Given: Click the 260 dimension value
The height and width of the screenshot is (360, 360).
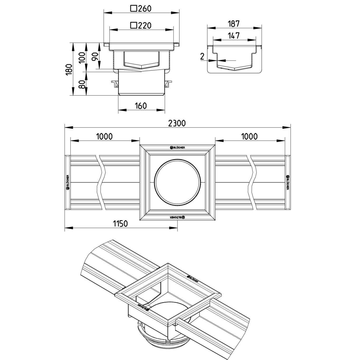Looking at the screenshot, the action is point(144,9).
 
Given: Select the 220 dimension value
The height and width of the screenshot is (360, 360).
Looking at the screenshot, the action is point(144,25).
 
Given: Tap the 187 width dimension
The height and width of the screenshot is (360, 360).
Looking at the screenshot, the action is point(233,24).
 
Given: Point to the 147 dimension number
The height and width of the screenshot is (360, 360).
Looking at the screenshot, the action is point(233,36).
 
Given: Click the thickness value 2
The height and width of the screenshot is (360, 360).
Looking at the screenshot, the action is point(202,56).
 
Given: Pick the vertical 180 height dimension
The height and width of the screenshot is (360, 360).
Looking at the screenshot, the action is point(69,69).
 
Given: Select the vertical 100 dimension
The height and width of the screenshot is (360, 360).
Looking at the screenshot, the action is point(82,58).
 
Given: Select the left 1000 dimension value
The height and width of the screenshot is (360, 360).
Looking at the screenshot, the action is point(104,136).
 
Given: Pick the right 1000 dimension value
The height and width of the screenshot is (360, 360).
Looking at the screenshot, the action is point(250,136).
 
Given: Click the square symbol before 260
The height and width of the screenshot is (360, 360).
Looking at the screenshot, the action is point(134,9).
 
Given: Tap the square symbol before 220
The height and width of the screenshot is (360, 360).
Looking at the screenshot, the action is point(134,25).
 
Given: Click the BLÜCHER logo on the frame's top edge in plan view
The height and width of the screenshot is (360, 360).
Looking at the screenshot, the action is point(177,147).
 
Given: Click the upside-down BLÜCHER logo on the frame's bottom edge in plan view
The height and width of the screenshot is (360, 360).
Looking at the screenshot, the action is point(177,217).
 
